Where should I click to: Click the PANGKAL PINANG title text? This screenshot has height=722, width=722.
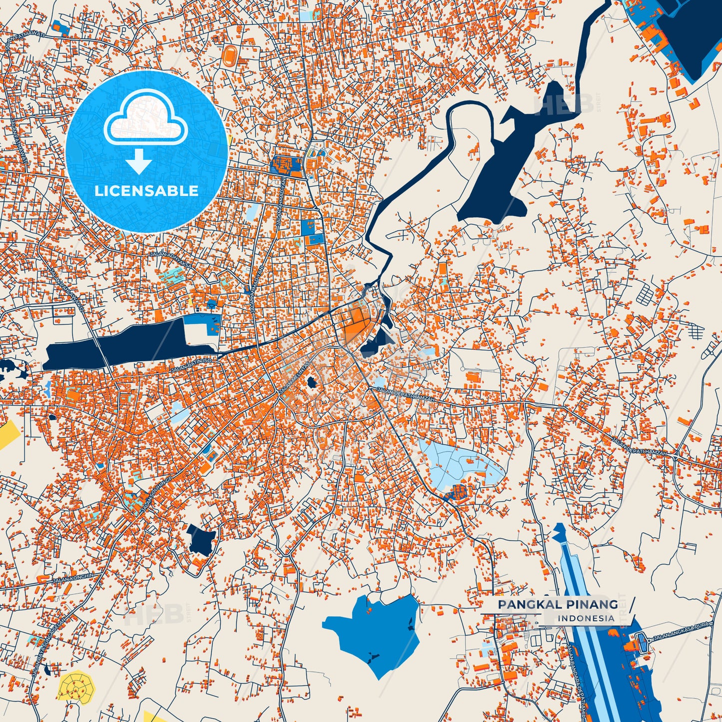coord(558,604)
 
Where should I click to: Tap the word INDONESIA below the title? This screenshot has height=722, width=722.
coord(586,618)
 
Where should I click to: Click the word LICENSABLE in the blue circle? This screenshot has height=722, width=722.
coord(146,190)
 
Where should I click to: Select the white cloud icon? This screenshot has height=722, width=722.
coord(145,117)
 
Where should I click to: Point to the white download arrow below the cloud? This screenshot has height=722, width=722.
coord(139,161)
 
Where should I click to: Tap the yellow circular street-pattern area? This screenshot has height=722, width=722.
coord(76,687)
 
